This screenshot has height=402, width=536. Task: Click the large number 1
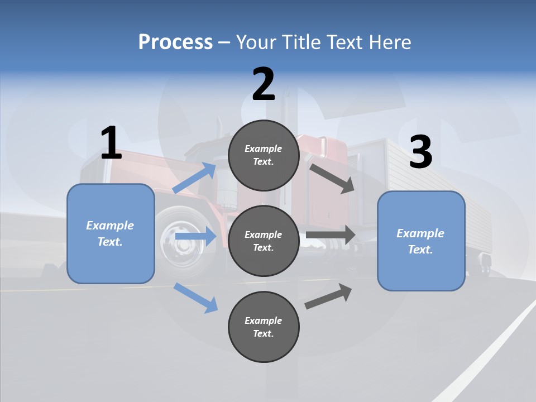111,143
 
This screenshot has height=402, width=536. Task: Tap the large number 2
264,84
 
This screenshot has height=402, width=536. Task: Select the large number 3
420,152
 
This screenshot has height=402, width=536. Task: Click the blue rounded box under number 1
111,233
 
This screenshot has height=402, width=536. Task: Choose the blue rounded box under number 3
421,241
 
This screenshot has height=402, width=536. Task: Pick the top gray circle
264,155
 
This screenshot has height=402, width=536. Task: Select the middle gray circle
264,241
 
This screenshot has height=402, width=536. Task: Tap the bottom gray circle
264,327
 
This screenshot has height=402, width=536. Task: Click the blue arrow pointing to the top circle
195,178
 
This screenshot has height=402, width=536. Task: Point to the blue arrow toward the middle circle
195,237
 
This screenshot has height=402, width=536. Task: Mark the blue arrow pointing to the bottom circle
196,298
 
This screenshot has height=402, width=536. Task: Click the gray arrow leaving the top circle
332,178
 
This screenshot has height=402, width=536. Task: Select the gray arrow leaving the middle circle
331,234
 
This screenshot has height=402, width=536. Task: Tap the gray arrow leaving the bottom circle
329,296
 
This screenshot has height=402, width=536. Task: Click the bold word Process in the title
175,42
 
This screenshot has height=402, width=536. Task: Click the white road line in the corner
491,346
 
